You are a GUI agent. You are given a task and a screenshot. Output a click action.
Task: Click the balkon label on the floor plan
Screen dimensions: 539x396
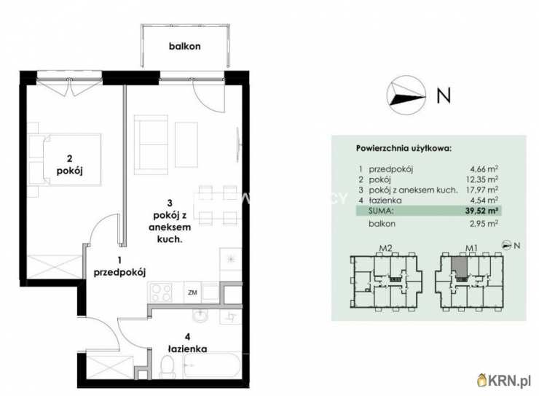[184, 46]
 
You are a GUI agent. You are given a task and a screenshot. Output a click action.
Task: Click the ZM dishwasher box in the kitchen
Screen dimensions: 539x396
[192, 292]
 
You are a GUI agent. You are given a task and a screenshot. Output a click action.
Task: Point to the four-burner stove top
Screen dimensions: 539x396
[161, 292]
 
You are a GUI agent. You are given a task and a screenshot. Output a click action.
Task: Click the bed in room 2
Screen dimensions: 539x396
[66, 160]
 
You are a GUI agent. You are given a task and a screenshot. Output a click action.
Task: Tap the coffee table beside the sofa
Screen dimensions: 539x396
[186, 145]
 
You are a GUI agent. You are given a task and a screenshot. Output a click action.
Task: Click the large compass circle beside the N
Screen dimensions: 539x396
[406, 96]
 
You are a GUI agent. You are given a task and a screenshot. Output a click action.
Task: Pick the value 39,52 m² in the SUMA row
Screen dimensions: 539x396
[482, 211]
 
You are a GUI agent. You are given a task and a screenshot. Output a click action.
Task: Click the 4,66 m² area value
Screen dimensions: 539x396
[484, 169]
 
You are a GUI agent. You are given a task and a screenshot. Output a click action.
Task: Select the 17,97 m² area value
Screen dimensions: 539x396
[483, 190]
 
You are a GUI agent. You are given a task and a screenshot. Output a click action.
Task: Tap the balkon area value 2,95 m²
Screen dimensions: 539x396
[484, 224]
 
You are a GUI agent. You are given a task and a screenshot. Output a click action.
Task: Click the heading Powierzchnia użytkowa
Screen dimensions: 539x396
[404, 149]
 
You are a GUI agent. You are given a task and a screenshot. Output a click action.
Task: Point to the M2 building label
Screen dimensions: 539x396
[385, 248]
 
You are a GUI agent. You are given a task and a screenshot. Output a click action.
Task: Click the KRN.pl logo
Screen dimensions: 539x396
[504, 381]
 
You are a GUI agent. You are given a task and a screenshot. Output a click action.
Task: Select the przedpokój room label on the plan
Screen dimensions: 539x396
[119, 272]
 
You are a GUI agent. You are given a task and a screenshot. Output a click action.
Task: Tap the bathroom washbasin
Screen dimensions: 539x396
[200, 316]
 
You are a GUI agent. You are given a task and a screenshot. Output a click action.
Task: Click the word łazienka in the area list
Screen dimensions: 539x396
[385, 201]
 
